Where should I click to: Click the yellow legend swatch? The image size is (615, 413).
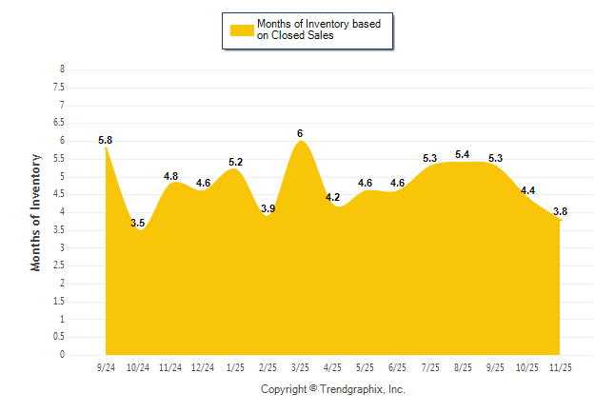pos(242,29)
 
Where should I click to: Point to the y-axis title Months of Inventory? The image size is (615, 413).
pos(36,212)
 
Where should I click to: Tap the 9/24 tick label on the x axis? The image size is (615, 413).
pos(106,366)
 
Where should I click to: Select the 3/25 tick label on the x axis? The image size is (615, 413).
pos(300,366)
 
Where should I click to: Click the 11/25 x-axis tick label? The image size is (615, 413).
pos(560,366)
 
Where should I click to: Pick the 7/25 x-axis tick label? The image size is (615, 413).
pos(429,366)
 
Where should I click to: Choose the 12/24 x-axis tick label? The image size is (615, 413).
pos(203,366)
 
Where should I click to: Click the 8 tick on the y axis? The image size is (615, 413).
pos(62,69)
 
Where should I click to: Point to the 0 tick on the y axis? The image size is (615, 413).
pos(62,355)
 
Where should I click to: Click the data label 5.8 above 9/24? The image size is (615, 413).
pos(106,141)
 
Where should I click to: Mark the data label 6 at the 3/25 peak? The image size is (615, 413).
pos(300,133)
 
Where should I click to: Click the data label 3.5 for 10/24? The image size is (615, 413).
pos(138,224)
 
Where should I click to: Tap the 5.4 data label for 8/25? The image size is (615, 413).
pos(463,155)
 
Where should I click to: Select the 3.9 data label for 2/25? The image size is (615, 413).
pos(268,208)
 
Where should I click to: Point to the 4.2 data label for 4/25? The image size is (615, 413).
pos(332,198)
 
